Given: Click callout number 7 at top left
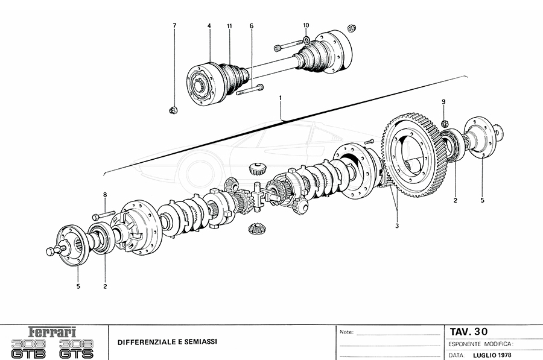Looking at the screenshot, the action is point(174,25).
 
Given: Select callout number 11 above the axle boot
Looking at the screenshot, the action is point(229,26).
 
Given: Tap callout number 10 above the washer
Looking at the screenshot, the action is point(306,25).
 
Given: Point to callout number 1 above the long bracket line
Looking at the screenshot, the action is point(280,98).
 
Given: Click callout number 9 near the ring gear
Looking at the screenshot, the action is point(443,102).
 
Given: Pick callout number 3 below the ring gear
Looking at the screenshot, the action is point(397,226).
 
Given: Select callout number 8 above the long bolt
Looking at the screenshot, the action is point(105,195).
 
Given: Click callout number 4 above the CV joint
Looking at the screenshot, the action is point(209,26).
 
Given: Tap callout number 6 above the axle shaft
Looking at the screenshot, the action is point(252,26).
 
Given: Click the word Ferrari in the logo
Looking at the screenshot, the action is point(52,332).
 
